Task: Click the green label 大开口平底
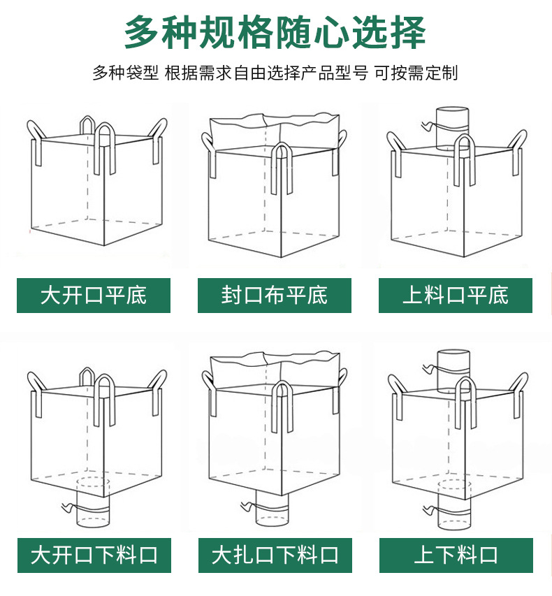coord(94,295)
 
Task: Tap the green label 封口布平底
coord(275,295)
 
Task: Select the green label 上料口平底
coord(456,295)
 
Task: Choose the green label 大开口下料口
coord(94,555)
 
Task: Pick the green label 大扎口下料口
coord(275,555)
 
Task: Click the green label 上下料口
coord(456,555)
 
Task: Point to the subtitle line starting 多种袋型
coord(275,73)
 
